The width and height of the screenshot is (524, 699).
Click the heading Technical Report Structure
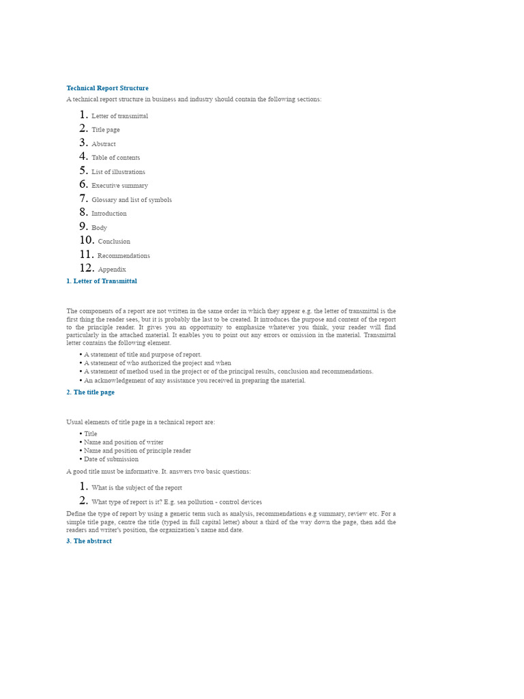(107, 88)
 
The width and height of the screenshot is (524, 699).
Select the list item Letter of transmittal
(119, 116)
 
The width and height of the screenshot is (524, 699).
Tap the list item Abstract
(104, 144)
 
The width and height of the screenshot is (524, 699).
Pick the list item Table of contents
(115, 158)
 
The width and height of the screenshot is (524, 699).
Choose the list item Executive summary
(119, 186)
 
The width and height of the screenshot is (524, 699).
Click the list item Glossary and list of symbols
(132, 200)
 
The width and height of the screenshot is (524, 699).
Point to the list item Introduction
(109, 214)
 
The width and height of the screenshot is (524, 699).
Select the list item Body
(99, 228)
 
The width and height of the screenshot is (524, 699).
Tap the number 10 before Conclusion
(86, 240)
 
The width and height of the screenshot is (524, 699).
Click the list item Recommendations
(123, 256)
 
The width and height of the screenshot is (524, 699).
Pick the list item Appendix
(112, 270)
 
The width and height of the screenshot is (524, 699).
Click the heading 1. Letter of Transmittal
(102, 281)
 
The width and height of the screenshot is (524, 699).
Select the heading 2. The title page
(90, 393)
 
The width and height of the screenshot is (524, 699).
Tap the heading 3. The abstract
(89, 541)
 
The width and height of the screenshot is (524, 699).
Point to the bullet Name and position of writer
(123, 442)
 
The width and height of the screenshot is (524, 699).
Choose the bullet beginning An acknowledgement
(194, 381)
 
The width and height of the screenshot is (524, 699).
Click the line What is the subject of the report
(136, 488)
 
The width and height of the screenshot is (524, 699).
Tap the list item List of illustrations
(118, 172)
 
